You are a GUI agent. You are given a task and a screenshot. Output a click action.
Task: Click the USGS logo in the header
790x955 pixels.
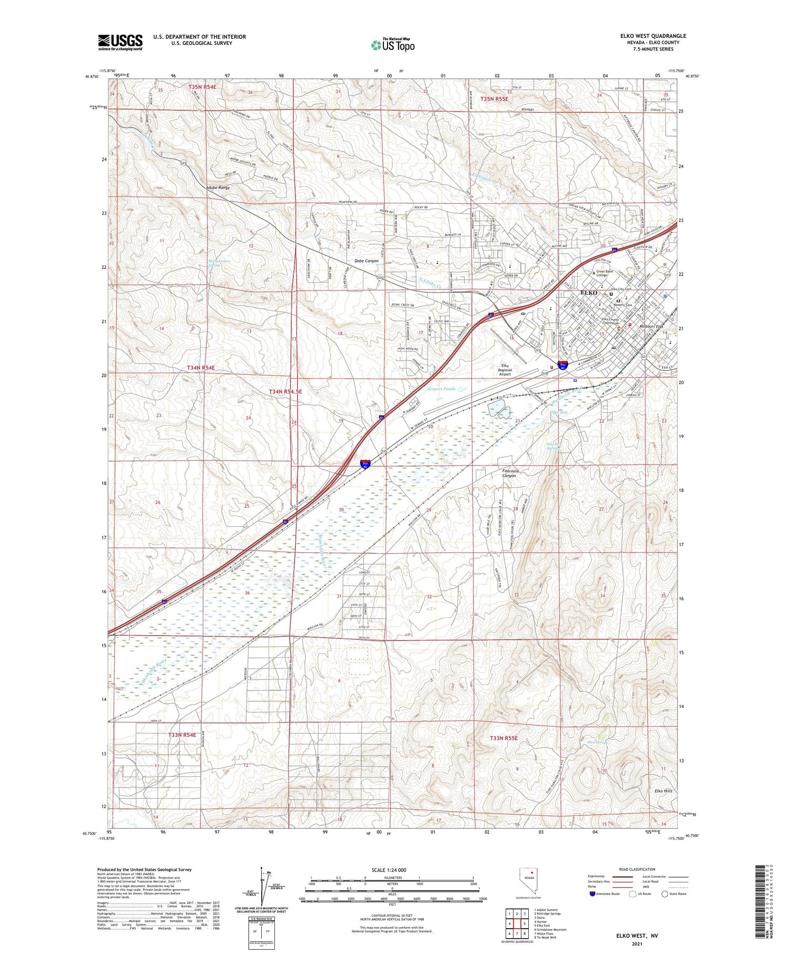click(120, 42)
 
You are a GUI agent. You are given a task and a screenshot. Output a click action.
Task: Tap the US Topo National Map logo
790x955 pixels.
click(392, 45)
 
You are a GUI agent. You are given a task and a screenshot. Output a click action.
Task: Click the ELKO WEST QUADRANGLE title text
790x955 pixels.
click(653, 36)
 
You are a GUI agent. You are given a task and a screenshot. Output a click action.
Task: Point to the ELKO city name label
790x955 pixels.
click(588, 292)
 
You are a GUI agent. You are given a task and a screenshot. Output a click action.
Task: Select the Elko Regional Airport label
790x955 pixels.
click(505, 370)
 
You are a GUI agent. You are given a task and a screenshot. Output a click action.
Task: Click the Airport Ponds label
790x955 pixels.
click(441, 389)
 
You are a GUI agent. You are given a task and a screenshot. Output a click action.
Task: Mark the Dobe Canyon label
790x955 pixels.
click(366, 261)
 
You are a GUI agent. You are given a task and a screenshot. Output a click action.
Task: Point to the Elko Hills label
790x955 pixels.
click(663, 791)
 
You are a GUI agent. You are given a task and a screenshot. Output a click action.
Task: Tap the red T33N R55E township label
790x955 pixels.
click(503, 738)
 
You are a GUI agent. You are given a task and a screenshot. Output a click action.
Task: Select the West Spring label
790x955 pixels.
click(597, 743)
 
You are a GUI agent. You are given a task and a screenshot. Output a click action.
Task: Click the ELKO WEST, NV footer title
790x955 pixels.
click(637, 936)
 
